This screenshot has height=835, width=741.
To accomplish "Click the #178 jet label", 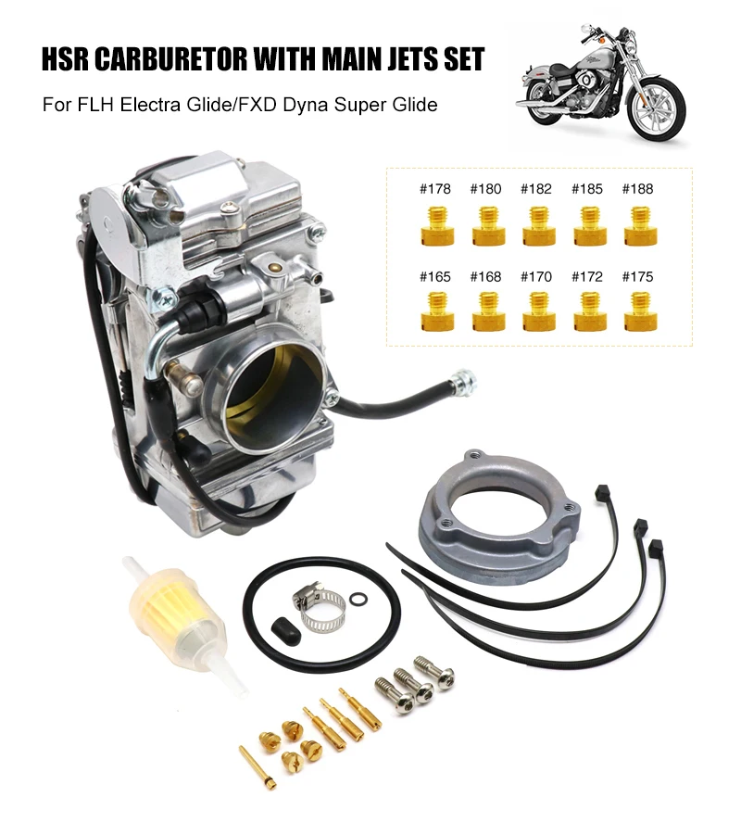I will [434, 189].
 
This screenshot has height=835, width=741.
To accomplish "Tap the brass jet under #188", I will [637, 224].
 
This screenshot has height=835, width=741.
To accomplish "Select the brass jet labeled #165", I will [434, 311].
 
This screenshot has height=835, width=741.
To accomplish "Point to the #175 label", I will [637, 276].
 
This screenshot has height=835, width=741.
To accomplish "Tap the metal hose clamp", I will [320, 607].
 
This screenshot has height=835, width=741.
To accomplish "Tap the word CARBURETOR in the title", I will [190, 60].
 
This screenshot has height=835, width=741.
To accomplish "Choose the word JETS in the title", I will [403, 60].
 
